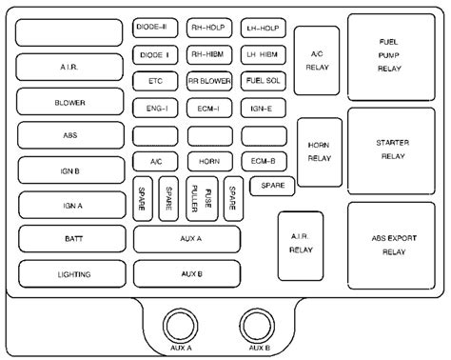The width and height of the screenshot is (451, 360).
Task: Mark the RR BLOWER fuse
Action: click(206, 81)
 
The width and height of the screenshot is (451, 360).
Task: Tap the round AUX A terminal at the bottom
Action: click(182, 326)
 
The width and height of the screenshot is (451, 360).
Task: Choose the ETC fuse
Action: click(154, 81)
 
